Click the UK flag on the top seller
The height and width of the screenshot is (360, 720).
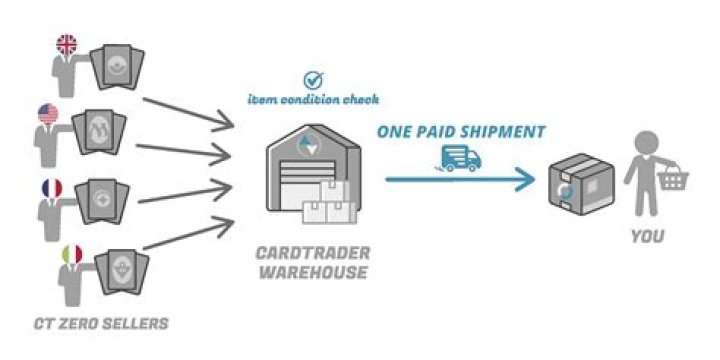pyautogui.click(x=67, y=45)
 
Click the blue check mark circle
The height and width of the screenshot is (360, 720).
pyautogui.click(x=312, y=79)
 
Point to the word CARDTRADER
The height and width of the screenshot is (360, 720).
pyautogui.click(x=308, y=254)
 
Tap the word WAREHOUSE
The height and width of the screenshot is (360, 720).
pyautogui.click(x=308, y=272)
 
